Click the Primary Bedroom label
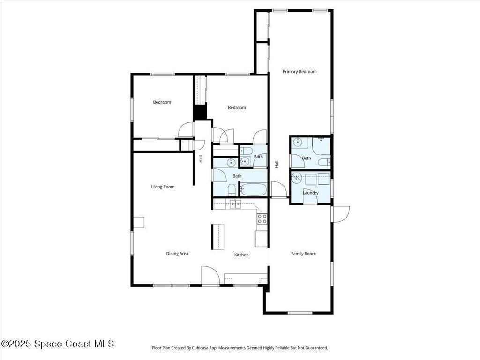click(x=300, y=72)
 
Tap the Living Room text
click(x=163, y=187)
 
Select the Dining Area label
click(x=177, y=254)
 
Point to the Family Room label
click(x=303, y=254)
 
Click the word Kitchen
click(x=241, y=255)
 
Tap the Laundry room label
click(x=311, y=193)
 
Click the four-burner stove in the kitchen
click(x=262, y=218)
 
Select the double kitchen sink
click(x=235, y=204)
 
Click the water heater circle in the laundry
click(x=296, y=178)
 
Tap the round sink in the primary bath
click(x=297, y=142)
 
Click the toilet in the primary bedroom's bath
click(x=324, y=162)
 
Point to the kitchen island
click(x=217, y=237)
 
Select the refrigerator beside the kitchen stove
click(x=261, y=239)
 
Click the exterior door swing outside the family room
click(x=340, y=214)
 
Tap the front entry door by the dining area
click(x=210, y=276)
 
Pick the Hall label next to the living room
click(x=201, y=159)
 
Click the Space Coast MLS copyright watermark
click(x=58, y=344)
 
